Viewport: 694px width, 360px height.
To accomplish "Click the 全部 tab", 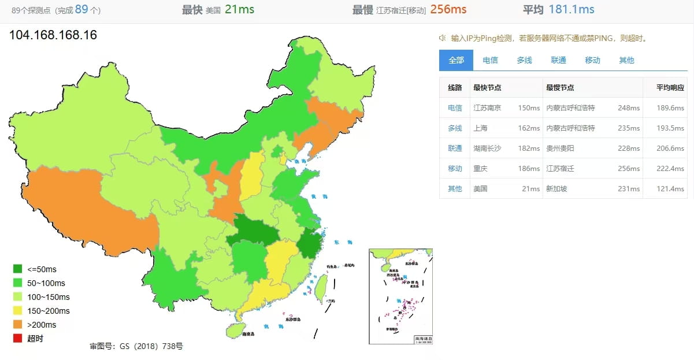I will (x=456, y=60).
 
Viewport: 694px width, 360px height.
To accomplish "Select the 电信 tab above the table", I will (x=490, y=60).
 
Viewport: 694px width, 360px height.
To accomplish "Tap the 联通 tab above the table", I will (x=558, y=60).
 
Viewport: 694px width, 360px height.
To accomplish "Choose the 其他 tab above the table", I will (x=626, y=60).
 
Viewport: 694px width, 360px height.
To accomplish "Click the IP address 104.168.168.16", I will (x=53, y=35).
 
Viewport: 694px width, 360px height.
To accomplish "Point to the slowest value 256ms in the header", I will (x=448, y=9).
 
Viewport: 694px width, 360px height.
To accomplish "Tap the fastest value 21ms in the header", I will (x=239, y=9).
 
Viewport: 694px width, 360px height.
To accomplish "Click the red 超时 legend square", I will (x=17, y=339).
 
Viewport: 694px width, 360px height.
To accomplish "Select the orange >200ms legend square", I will (x=17, y=325).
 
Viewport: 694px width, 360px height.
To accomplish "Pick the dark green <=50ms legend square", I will (x=17, y=269).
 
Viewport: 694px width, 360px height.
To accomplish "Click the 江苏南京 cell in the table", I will (x=487, y=108).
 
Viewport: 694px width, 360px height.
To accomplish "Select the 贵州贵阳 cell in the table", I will (x=560, y=149).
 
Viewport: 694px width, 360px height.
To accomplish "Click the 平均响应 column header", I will (x=670, y=88).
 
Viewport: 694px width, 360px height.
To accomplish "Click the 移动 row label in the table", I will (x=455, y=169).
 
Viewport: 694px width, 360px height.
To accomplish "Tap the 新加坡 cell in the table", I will (x=556, y=189).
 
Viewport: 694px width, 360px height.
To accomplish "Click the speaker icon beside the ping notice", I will (x=443, y=38).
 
